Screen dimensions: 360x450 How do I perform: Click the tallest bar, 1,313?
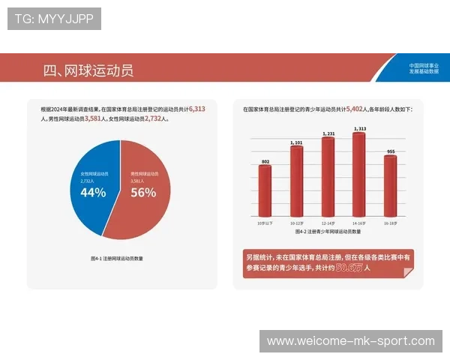[x=359, y=174]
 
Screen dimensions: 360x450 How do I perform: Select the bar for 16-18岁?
[x=390, y=185]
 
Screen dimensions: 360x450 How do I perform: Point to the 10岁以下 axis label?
[x=265, y=223]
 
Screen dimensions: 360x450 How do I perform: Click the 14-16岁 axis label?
[x=359, y=223]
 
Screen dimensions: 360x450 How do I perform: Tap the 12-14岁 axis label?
[x=328, y=223]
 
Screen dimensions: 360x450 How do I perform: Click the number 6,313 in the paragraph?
[x=197, y=109]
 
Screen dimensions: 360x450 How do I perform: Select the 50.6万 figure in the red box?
[x=349, y=267]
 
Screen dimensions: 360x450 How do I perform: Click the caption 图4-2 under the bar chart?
[x=327, y=233]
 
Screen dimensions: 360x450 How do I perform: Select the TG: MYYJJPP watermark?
[x=54, y=19]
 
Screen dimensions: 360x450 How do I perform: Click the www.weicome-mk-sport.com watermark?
[x=350, y=341]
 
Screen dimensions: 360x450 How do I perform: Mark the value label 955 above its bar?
[x=390, y=151]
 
